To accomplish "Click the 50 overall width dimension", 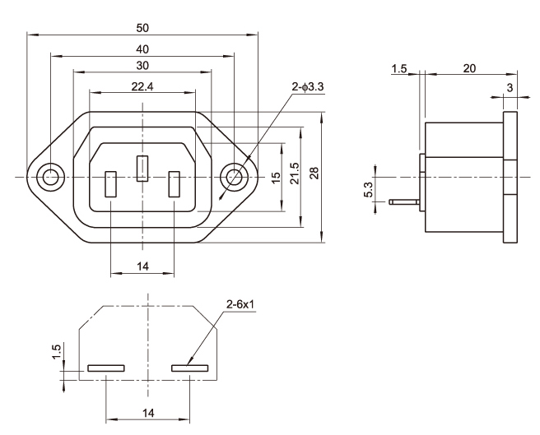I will pos(142,28).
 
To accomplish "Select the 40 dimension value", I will pos(142,49).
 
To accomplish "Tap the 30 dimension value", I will pos(142,65).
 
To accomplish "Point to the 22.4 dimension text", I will pos(142,86).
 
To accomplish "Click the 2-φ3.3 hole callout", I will pos(308,86).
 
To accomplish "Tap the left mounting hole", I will pos(50,176).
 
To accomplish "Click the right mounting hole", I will pos(235,176).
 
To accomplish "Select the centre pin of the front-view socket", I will pos(142,169).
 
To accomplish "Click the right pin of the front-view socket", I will pos(174,183).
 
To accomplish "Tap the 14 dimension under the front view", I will pos(142,266).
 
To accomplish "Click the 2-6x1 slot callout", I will pos(240,307).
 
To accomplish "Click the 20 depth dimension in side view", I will pos(468,68).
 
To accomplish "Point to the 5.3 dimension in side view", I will pos(369,189).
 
